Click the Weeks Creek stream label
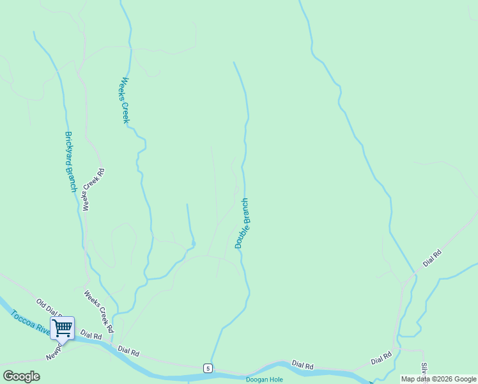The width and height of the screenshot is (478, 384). [126, 100]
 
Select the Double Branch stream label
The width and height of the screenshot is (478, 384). [242, 223]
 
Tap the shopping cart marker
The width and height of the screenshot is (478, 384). [62, 328]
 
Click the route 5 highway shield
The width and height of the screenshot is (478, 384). [208, 368]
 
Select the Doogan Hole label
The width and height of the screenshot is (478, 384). [265, 380]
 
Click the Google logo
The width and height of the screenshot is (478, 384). [21, 376]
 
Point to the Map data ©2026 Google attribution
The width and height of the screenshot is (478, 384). [438, 379]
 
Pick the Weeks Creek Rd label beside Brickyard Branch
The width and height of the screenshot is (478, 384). [93, 190]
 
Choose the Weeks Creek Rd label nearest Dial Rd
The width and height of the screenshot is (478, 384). [99, 312]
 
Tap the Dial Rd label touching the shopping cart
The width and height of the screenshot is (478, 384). [90, 335]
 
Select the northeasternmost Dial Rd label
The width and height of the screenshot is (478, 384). [433, 259]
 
